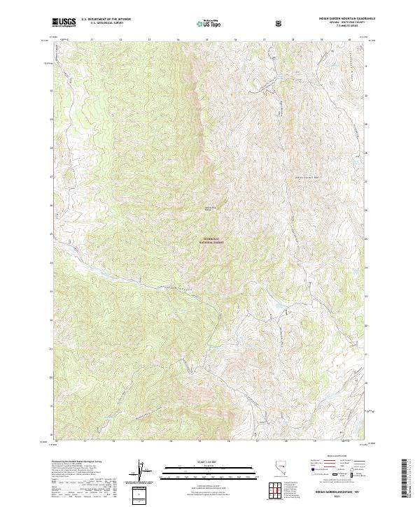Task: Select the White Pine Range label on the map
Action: [209, 208]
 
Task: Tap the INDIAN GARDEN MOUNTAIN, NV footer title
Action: [336, 493]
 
